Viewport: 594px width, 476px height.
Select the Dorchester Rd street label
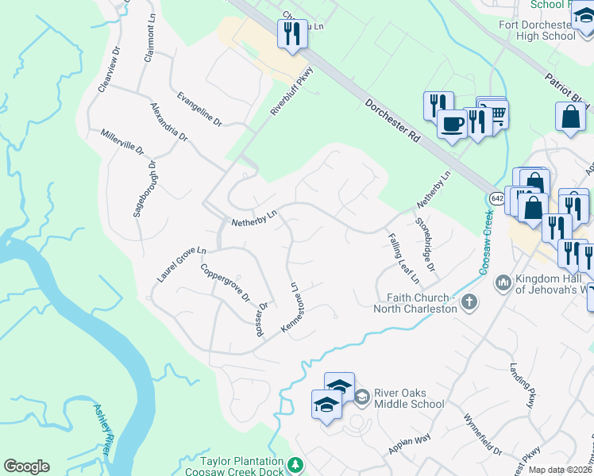pos(392,121)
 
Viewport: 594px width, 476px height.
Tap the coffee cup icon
pos(452,125)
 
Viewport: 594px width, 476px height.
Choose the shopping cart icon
pos(496,114)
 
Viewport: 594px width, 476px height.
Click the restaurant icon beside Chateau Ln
pos(291,33)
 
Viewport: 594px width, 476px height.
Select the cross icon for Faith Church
pos(469,301)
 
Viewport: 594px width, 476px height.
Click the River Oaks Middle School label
pos(409,398)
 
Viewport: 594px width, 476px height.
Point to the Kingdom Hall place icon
pos(502,282)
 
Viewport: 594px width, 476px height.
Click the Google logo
pos(26,466)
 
